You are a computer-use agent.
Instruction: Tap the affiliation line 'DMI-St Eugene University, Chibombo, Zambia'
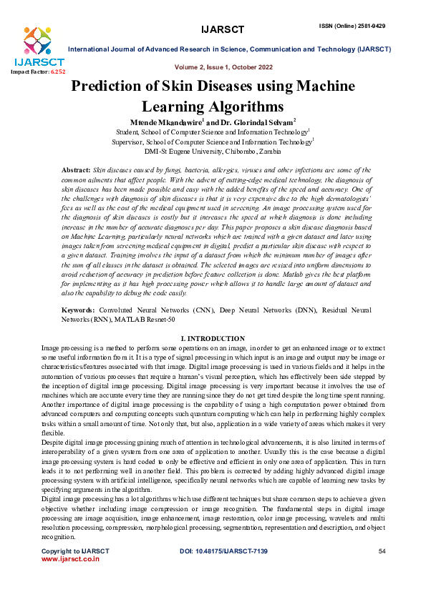point(213,152)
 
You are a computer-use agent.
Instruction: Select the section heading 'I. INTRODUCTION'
point(213,337)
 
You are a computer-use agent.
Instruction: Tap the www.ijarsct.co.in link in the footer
point(70,559)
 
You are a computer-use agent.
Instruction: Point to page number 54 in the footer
point(382,551)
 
